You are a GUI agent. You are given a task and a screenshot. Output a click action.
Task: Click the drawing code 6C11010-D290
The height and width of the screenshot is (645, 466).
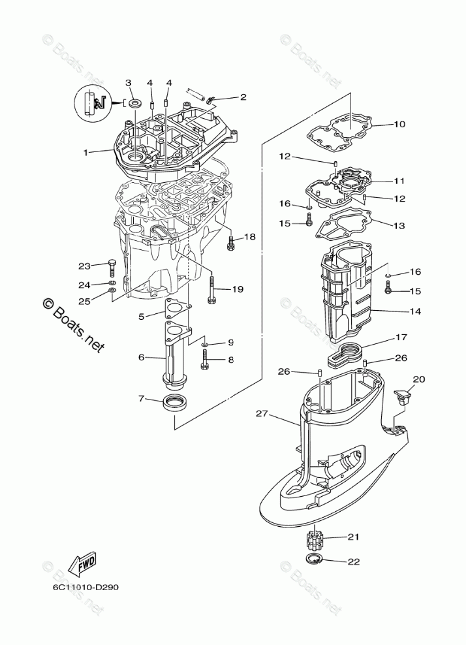click(82, 586)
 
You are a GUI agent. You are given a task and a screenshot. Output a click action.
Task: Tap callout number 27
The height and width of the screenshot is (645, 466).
click(262, 413)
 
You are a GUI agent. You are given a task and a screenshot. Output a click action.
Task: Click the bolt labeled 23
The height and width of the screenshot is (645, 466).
click(112, 266)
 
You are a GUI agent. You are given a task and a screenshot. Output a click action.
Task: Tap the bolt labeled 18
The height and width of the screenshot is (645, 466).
click(230, 244)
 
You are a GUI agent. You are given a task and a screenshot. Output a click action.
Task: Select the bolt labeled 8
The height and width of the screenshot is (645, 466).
click(206, 357)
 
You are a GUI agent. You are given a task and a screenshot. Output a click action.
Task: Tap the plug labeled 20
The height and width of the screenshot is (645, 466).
click(403, 396)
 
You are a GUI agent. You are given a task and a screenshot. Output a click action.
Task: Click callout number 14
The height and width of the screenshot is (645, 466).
click(416, 312)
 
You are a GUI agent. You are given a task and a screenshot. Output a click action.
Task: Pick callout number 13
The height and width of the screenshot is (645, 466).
click(399, 225)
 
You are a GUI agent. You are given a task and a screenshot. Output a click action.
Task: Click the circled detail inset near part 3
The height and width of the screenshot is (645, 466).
click(91, 104)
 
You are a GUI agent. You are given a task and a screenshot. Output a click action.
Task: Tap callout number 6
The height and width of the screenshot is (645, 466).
click(141, 357)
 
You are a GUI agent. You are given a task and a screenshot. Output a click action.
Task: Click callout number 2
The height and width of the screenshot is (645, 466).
click(243, 97)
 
